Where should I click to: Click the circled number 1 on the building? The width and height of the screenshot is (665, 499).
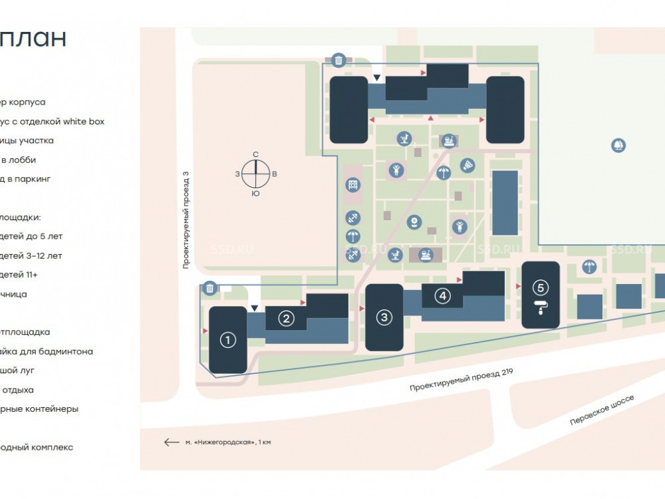(228, 340)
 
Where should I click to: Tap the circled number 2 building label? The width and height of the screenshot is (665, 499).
(286, 319)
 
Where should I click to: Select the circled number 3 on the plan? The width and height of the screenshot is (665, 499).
(384, 317)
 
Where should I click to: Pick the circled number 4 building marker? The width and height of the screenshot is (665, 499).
(443, 296)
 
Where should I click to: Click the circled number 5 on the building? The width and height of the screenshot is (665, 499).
(541, 288)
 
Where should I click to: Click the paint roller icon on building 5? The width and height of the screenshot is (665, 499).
(541, 307)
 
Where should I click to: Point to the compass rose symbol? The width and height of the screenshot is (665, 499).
(255, 174)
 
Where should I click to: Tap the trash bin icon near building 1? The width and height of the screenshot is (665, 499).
(210, 288)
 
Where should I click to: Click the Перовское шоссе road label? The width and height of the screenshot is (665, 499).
(602, 410)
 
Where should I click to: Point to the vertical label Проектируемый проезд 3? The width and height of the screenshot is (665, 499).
(187, 219)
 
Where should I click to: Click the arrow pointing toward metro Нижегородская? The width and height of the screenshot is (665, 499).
(172, 442)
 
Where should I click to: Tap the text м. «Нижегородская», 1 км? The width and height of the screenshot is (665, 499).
(228, 442)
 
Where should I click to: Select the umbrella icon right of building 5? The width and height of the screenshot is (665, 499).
(589, 267)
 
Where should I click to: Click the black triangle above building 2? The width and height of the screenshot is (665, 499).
(255, 308)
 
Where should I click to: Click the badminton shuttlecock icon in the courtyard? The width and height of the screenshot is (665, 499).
(469, 164)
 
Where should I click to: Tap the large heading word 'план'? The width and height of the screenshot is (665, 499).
(33, 39)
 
